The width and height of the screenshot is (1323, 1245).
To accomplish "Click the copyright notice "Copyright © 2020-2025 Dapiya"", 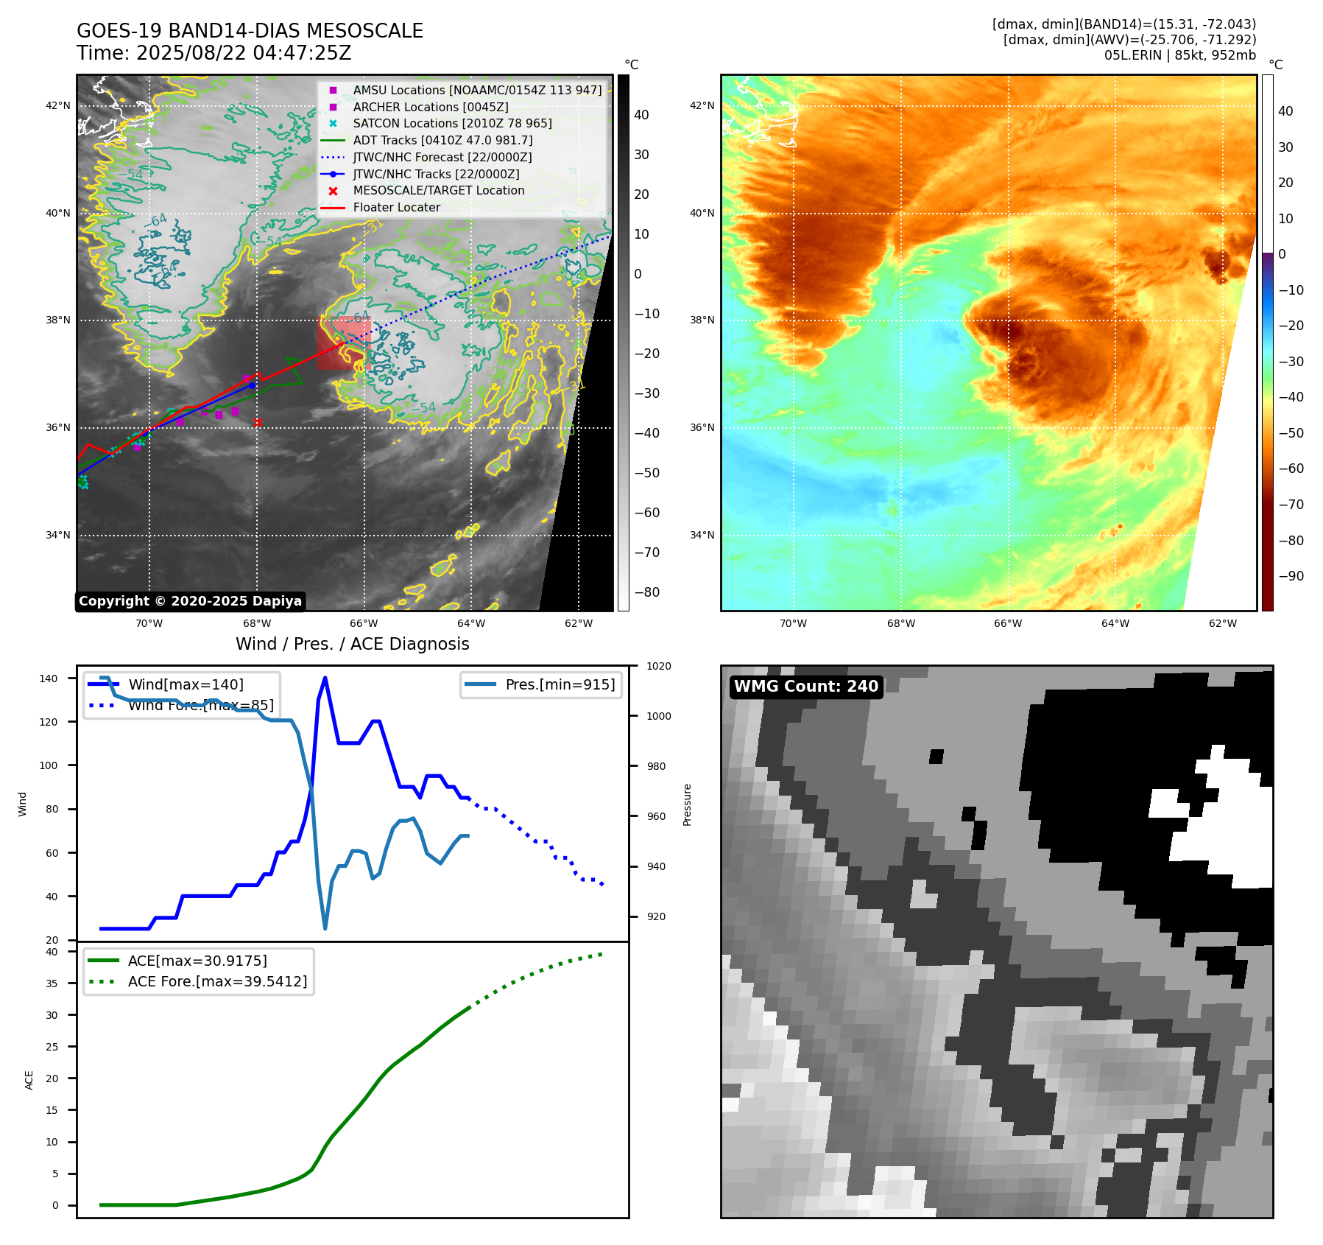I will click(x=190, y=601).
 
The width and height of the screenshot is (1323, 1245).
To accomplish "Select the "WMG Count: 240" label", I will click(x=806, y=687).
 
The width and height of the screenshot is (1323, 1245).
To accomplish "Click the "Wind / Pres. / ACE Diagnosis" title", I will click(x=352, y=644).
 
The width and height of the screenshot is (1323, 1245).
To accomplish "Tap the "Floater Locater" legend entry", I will click(x=396, y=208).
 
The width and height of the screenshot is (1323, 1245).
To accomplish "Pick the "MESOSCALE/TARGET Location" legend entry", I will click(x=438, y=191).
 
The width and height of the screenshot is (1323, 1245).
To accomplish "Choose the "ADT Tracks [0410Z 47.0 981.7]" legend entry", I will click(x=442, y=140).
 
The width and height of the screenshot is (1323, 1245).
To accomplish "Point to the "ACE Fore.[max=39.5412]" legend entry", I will click(x=217, y=981).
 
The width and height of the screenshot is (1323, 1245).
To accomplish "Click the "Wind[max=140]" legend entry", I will click(x=186, y=684).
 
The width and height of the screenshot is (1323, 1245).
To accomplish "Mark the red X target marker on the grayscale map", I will click(x=258, y=422).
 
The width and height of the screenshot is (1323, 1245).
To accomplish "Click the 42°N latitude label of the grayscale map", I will click(x=58, y=106).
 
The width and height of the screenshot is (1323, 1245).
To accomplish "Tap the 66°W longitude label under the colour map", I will click(x=1008, y=624).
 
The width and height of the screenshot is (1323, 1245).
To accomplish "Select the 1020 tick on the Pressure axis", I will click(x=658, y=666).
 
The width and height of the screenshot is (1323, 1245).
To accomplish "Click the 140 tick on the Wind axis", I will click(x=49, y=678).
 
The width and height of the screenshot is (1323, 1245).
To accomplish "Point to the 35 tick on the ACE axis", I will click(x=52, y=983).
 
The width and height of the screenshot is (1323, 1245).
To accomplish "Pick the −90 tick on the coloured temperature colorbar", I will click(x=1291, y=576).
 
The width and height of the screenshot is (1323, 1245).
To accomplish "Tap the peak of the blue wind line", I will click(x=325, y=678).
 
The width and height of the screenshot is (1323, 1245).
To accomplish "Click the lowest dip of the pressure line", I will click(x=325, y=928).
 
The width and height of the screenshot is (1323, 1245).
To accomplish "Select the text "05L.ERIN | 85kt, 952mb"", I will click(x=1179, y=55).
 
